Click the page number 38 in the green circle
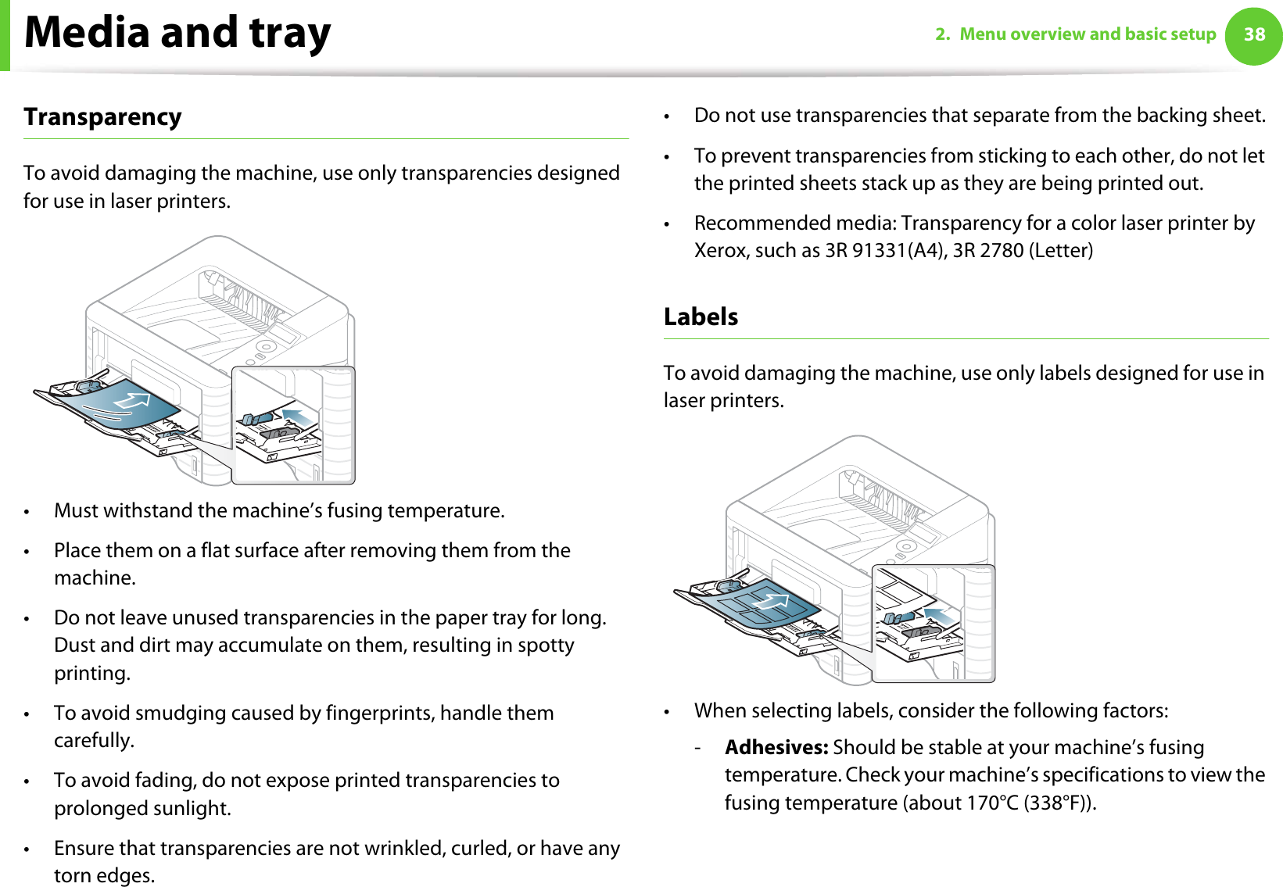tap(1254, 34)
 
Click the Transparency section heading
tap(102, 117)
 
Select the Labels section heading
tap(701, 317)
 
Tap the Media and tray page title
tap(177, 33)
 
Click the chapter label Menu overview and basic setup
tap(1088, 34)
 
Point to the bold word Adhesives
tap(776, 747)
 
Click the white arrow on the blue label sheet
tap(771, 602)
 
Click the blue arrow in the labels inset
tap(940, 616)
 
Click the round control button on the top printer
tap(266, 346)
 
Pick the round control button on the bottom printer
tap(906, 545)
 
